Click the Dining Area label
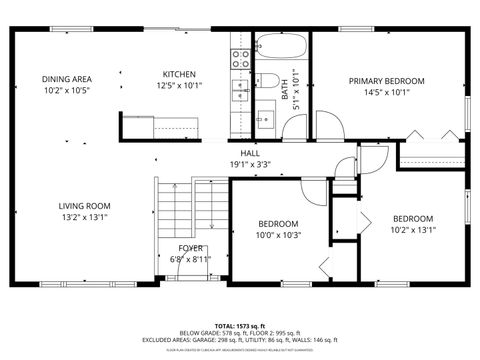click(67, 79)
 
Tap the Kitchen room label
click(179, 74)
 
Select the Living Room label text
click(83, 205)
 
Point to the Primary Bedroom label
click(386, 80)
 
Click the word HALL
click(236, 153)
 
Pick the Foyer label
click(189, 248)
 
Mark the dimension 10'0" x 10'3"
click(279, 236)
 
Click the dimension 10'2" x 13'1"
click(412, 230)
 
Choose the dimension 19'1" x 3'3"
click(236, 165)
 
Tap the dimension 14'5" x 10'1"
click(386, 93)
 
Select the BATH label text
click(285, 91)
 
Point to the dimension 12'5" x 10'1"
click(179, 86)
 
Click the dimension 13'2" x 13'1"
click(83, 217)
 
